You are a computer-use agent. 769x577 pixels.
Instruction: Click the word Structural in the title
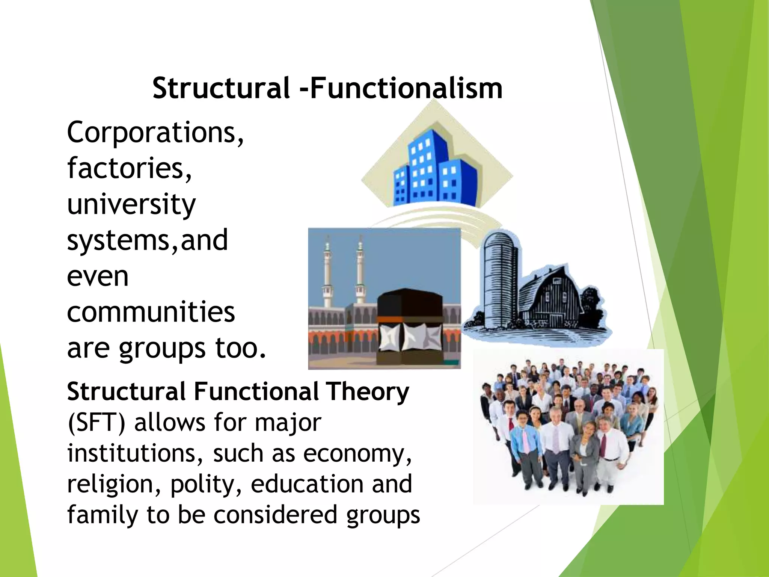click(x=221, y=89)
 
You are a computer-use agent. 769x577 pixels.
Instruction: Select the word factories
click(x=129, y=168)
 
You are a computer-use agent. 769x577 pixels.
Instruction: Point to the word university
click(x=131, y=205)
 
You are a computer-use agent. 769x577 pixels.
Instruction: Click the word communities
click(x=151, y=312)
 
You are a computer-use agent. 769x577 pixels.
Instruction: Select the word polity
click(x=206, y=484)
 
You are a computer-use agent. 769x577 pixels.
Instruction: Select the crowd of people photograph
click(x=568, y=426)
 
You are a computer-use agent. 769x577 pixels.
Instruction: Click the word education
click(x=307, y=484)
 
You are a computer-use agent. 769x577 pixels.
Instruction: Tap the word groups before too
click(x=162, y=349)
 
